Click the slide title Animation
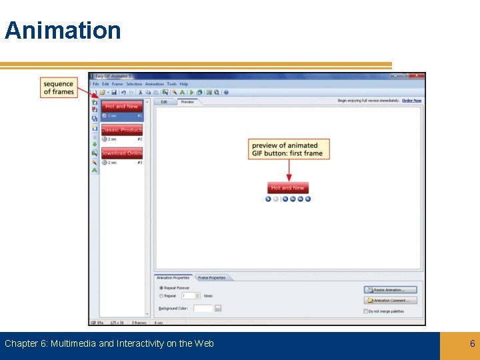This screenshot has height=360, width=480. [63, 31]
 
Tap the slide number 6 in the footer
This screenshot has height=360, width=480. [472, 343]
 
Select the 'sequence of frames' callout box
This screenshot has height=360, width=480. [59, 87]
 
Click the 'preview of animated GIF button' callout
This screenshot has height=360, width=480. [289, 149]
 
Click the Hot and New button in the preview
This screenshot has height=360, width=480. [288, 188]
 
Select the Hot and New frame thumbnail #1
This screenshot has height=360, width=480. [121, 106]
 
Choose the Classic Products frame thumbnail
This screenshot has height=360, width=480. [121, 130]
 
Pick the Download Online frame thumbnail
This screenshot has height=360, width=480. [121, 153]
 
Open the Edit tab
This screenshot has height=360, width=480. [164, 102]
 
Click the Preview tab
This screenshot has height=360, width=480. [187, 102]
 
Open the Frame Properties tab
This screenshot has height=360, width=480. [211, 277]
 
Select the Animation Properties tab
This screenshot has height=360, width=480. [173, 277]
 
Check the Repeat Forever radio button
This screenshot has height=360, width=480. [161, 288]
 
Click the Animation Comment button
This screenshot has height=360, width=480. [391, 300]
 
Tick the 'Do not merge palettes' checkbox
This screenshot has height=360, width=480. [366, 311]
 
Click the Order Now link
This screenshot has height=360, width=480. [411, 101]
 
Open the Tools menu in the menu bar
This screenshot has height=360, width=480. [172, 84]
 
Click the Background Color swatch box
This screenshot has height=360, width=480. [203, 308]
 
